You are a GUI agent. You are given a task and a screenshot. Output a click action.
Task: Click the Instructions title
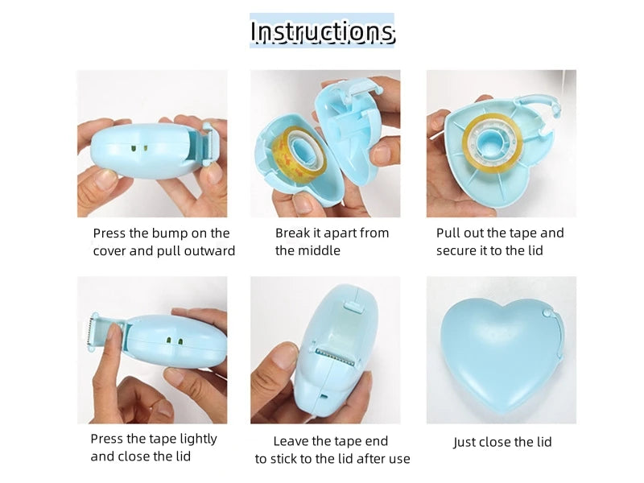pyautogui.click(x=323, y=31)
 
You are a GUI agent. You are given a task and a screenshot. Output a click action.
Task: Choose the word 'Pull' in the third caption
pyautogui.click(x=448, y=233)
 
